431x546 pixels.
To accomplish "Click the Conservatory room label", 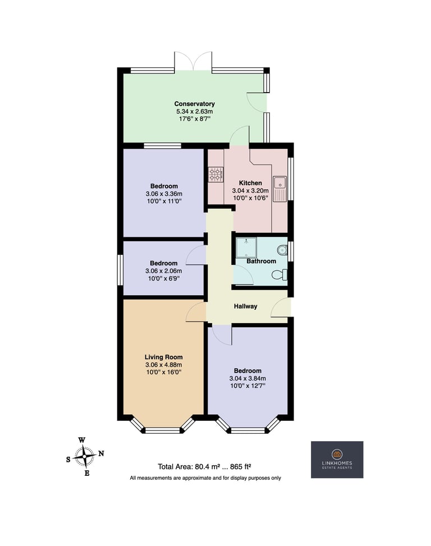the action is (194, 104).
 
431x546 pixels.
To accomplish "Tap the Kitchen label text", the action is (250, 183).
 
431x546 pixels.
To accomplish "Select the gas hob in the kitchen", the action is (216, 175).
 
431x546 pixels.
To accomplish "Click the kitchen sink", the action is (279, 189).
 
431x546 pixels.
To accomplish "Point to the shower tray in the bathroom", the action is (246, 247).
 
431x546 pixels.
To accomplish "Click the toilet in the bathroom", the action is (280, 275).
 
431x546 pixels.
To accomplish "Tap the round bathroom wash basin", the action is (283, 250).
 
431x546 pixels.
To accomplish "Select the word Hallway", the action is (245, 306).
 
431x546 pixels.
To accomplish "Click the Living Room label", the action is (164, 357).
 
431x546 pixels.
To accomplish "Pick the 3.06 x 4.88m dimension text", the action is (164, 365).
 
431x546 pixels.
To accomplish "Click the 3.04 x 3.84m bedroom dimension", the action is (247, 378).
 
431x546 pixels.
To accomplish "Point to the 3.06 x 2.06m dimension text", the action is (164, 271).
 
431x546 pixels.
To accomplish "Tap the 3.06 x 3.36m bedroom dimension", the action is (164, 194).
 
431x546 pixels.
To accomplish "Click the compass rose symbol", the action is (85, 456).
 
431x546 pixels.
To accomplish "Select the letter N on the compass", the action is (101, 453).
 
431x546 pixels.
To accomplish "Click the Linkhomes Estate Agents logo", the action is (337, 460).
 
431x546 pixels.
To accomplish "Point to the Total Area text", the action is (205, 467).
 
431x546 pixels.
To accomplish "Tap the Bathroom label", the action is (261, 261).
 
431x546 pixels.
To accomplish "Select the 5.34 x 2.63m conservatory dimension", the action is (194, 112).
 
